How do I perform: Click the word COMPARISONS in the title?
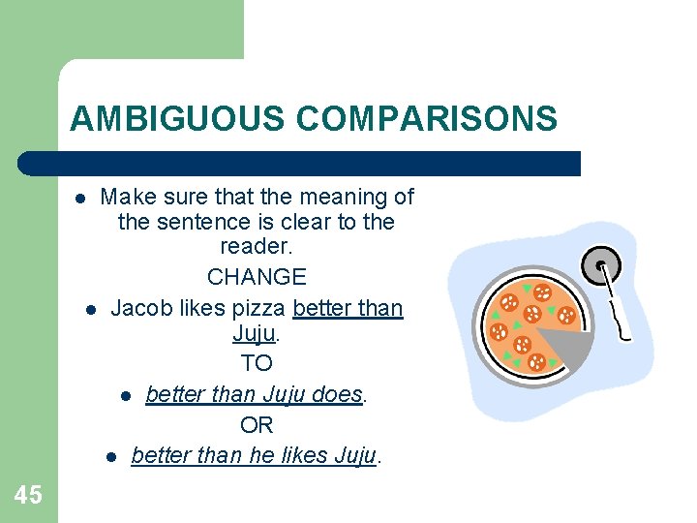427,118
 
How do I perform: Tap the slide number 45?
29,496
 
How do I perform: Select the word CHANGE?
257,277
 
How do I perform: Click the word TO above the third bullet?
257,364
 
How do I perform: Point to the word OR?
257,425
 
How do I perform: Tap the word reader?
256,247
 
